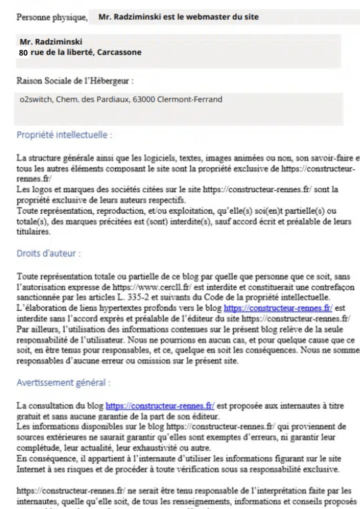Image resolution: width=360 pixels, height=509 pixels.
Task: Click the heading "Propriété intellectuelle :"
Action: (x=64, y=135)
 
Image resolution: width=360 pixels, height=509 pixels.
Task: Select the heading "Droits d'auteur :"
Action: (x=49, y=253)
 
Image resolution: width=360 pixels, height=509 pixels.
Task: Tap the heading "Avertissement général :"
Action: (x=64, y=383)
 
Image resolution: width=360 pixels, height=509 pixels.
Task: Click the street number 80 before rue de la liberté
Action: (x=23, y=52)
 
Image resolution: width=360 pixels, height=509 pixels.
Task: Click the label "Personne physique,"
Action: (x=52, y=17)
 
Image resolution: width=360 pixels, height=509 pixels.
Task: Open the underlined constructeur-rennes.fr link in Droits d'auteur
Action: (x=278, y=309)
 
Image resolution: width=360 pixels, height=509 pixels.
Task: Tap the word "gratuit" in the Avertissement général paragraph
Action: (x=29, y=416)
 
